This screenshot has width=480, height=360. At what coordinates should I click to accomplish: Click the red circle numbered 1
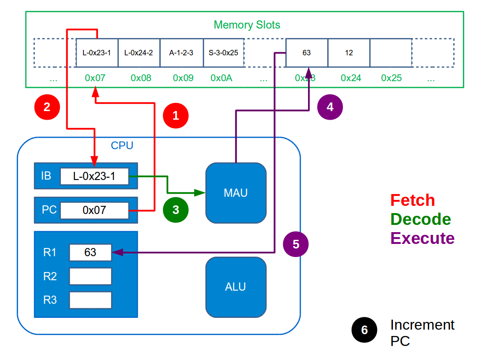[x=176, y=116]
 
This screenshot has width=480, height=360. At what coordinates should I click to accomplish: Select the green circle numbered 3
[x=176, y=210]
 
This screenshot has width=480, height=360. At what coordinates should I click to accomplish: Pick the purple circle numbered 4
[x=330, y=107]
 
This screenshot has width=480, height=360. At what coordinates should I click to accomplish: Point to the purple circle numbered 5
[x=296, y=244]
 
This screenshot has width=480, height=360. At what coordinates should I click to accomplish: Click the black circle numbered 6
[x=364, y=330]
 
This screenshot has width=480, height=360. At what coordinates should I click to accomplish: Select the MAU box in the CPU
[x=235, y=193]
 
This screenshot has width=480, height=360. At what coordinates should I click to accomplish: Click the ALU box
[x=235, y=287]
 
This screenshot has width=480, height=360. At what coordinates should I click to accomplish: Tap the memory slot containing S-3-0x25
[x=224, y=53]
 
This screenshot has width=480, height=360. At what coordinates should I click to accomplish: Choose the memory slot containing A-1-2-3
[x=181, y=53]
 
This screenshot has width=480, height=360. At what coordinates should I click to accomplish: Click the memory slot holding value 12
[x=349, y=53]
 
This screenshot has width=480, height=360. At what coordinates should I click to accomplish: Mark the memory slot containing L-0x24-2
[x=139, y=53]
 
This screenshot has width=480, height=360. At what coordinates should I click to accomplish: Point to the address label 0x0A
[x=221, y=78]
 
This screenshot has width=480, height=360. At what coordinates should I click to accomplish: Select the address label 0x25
[x=392, y=78]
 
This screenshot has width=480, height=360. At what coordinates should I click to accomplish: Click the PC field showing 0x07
[x=94, y=210]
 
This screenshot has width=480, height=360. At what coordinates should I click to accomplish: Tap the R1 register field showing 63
[x=90, y=252]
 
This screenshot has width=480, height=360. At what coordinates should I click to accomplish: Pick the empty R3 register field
[x=90, y=300]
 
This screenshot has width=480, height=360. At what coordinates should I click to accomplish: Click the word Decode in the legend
[x=421, y=219]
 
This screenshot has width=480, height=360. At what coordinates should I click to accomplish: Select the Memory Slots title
[x=247, y=24]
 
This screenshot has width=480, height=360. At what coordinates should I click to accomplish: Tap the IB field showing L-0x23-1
[x=94, y=176]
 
